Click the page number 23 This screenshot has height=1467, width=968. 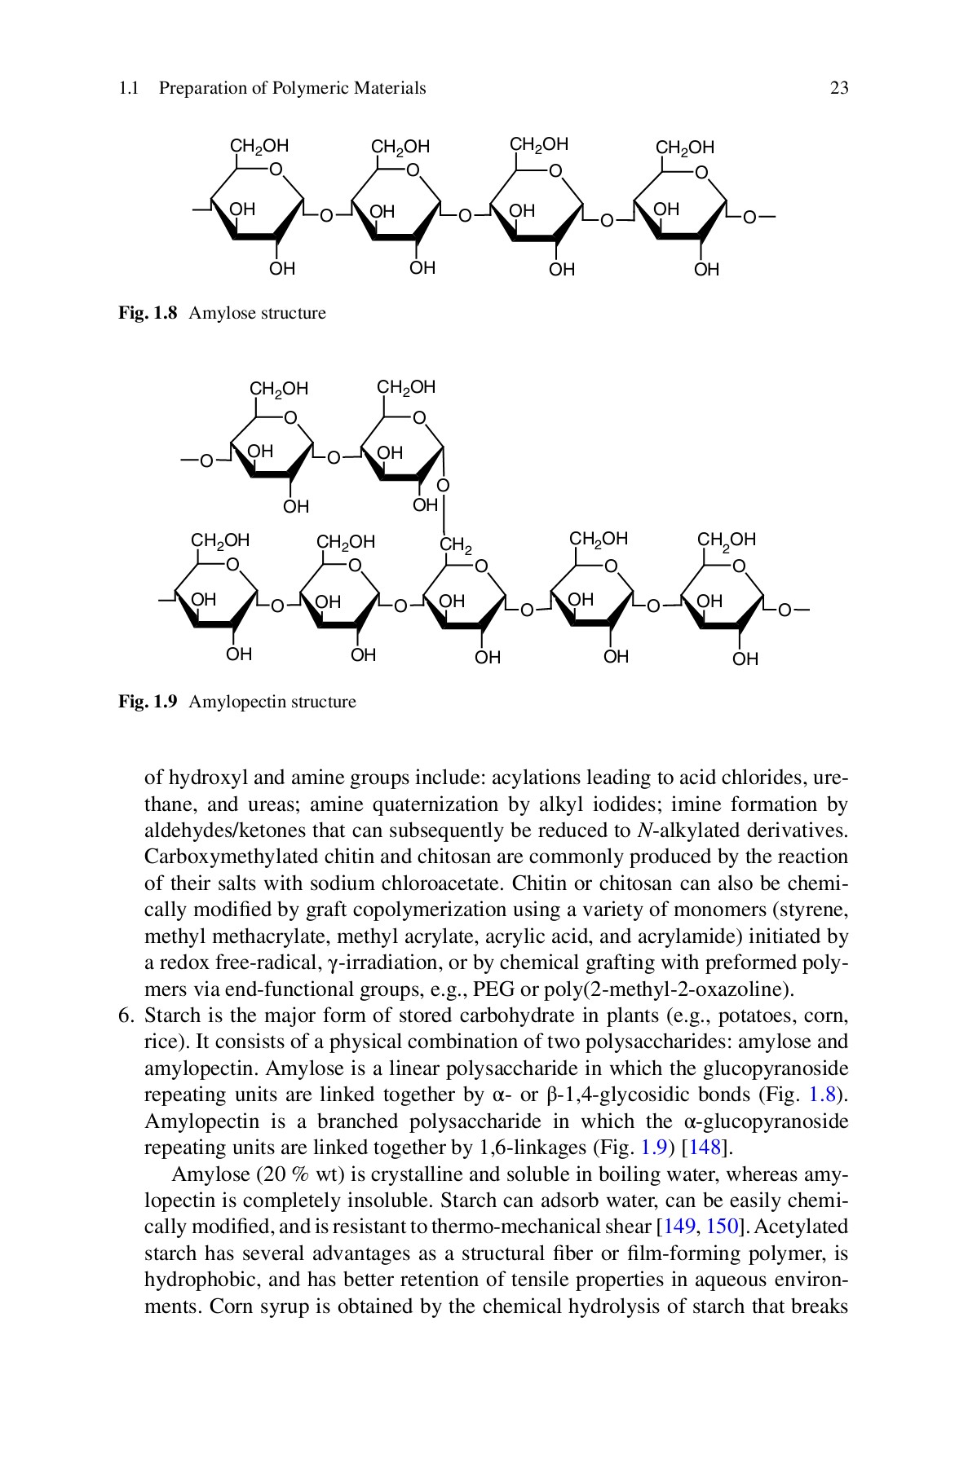pyautogui.click(x=839, y=88)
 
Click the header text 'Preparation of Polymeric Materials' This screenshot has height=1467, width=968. pyautogui.click(x=292, y=88)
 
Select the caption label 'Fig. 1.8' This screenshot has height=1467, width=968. pyautogui.click(x=148, y=314)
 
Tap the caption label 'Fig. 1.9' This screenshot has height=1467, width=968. pyautogui.click(x=148, y=703)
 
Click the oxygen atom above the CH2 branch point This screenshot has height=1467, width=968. pyautogui.click(x=443, y=487)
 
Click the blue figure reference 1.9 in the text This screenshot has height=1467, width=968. pyautogui.click(x=654, y=1148)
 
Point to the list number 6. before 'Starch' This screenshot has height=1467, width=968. pyautogui.click(x=126, y=1016)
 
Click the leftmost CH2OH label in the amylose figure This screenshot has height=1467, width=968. pyautogui.click(x=259, y=147)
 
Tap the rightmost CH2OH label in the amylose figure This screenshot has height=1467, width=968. pyautogui.click(x=685, y=148)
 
